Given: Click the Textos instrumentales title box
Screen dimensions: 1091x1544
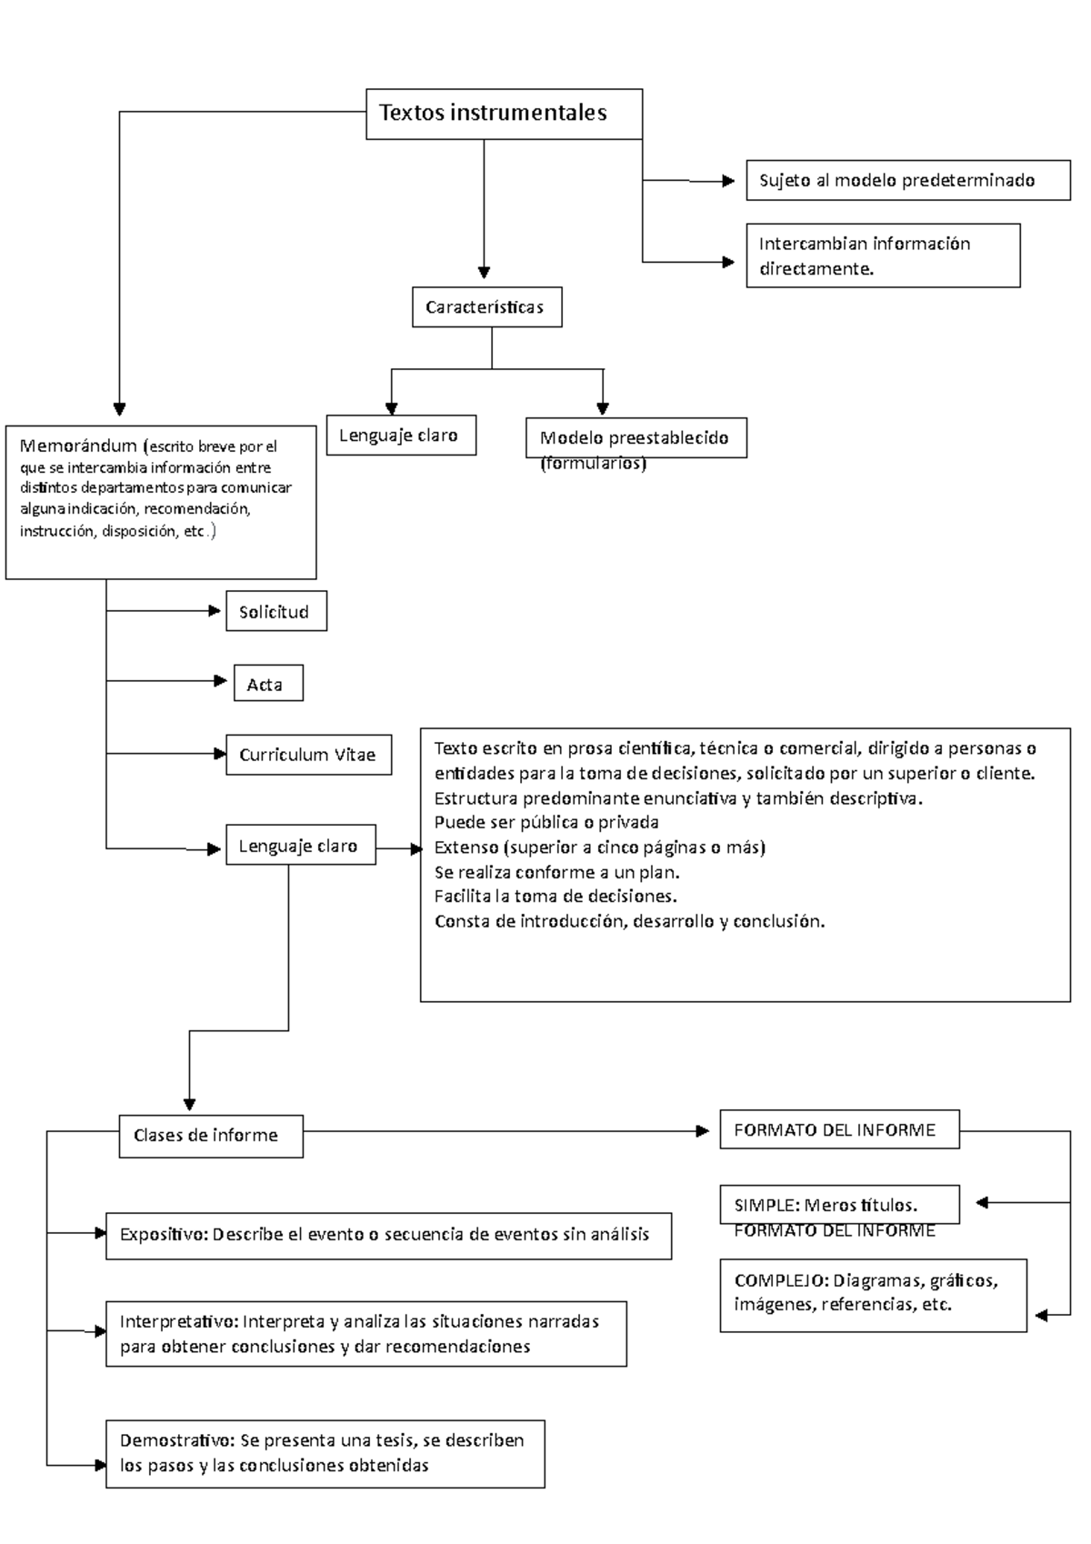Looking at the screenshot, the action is pyautogui.click(x=504, y=114).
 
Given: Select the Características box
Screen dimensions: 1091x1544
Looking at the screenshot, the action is pyautogui.click(x=486, y=306).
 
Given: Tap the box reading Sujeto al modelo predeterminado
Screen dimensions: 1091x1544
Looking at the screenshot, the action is pyautogui.click(x=907, y=180).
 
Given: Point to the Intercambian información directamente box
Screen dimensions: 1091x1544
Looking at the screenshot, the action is pyautogui.click(x=883, y=255).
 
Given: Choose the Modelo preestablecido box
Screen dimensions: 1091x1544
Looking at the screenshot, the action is pyautogui.click(x=636, y=437).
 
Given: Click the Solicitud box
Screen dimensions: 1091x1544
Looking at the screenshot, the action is pyautogui.click(x=276, y=611).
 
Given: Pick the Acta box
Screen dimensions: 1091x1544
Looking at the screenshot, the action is pyautogui.click(x=268, y=683).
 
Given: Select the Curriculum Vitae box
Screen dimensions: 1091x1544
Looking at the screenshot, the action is pyautogui.click(x=309, y=755).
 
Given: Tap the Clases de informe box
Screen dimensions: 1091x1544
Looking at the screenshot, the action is pyautogui.click(x=211, y=1136).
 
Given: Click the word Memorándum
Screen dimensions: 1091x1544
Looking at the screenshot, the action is pyautogui.click(x=78, y=446).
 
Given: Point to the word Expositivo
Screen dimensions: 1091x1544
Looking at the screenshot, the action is pyautogui.click(x=164, y=1235).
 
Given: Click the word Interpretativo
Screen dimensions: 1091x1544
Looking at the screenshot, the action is pyautogui.click(x=178, y=1321).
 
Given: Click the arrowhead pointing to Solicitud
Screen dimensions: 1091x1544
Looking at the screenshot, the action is pyautogui.click(x=215, y=611).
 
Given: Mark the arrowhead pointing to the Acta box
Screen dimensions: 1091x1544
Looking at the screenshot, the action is pyautogui.click(x=221, y=681).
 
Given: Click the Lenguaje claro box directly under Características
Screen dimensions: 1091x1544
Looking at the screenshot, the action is pyautogui.click(x=401, y=435).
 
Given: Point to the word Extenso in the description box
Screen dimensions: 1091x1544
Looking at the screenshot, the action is pyautogui.click(x=465, y=847).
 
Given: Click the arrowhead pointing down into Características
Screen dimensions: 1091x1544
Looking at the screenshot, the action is pyautogui.click(x=484, y=272).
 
